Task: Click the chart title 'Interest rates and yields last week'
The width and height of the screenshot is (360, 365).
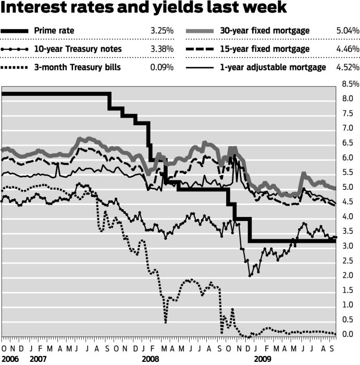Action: coord(144,9)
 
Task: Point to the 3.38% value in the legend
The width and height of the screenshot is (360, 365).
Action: coord(163,50)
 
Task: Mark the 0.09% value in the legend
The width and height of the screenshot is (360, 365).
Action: coord(163,67)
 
